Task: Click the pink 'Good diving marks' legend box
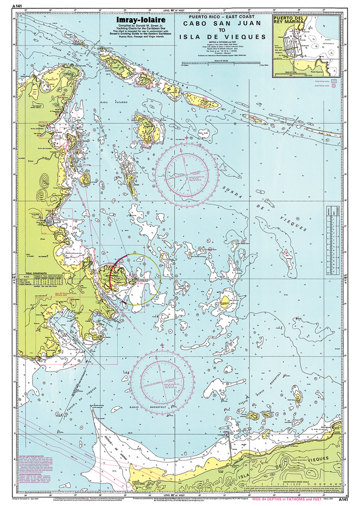333,80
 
